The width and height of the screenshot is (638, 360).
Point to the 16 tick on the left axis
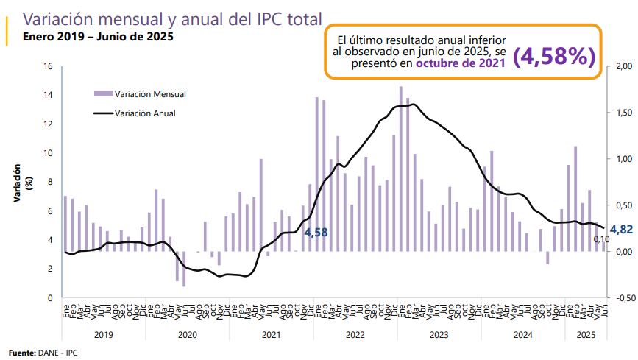[49, 66]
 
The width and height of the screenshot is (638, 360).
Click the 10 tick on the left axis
[49, 153]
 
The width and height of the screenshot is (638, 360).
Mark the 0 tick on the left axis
[50, 298]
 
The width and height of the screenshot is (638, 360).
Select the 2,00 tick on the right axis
[622, 67]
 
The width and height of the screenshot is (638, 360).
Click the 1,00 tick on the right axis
[622, 160]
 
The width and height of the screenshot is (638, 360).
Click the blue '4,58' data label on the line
[316, 233]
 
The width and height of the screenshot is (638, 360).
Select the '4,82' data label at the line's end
[621, 229]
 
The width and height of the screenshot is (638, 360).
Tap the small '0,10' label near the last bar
[601, 239]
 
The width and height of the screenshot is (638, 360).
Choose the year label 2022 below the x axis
[355, 334]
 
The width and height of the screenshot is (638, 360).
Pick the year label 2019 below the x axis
[104, 334]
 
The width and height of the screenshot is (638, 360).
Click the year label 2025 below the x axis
[586, 334]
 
